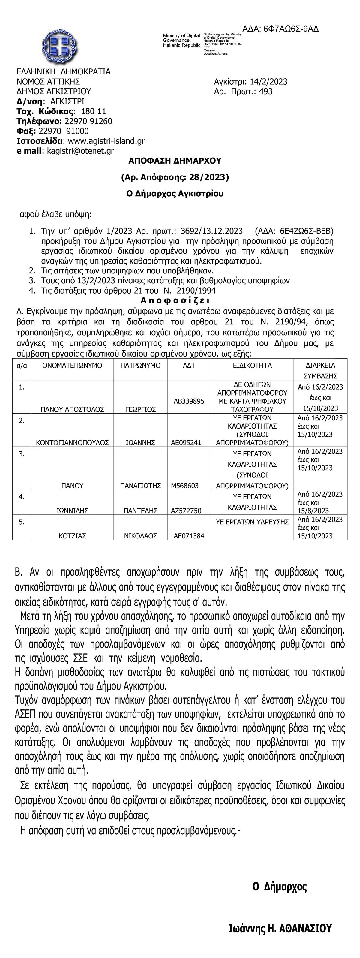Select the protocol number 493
click(266, 92)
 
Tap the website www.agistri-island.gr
click(106, 141)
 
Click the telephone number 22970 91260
click(88, 121)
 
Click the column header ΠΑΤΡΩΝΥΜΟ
click(141, 366)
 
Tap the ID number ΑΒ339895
click(189, 401)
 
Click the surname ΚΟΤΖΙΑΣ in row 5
click(72, 536)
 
